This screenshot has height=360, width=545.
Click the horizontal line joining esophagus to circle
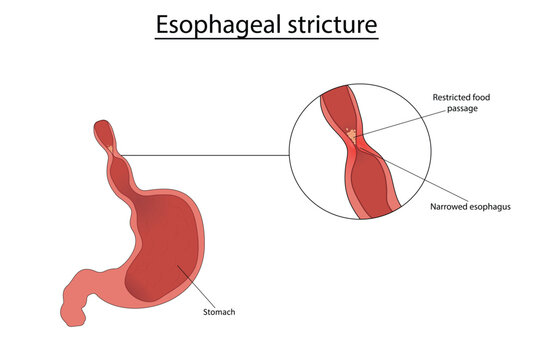[x=210, y=155]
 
